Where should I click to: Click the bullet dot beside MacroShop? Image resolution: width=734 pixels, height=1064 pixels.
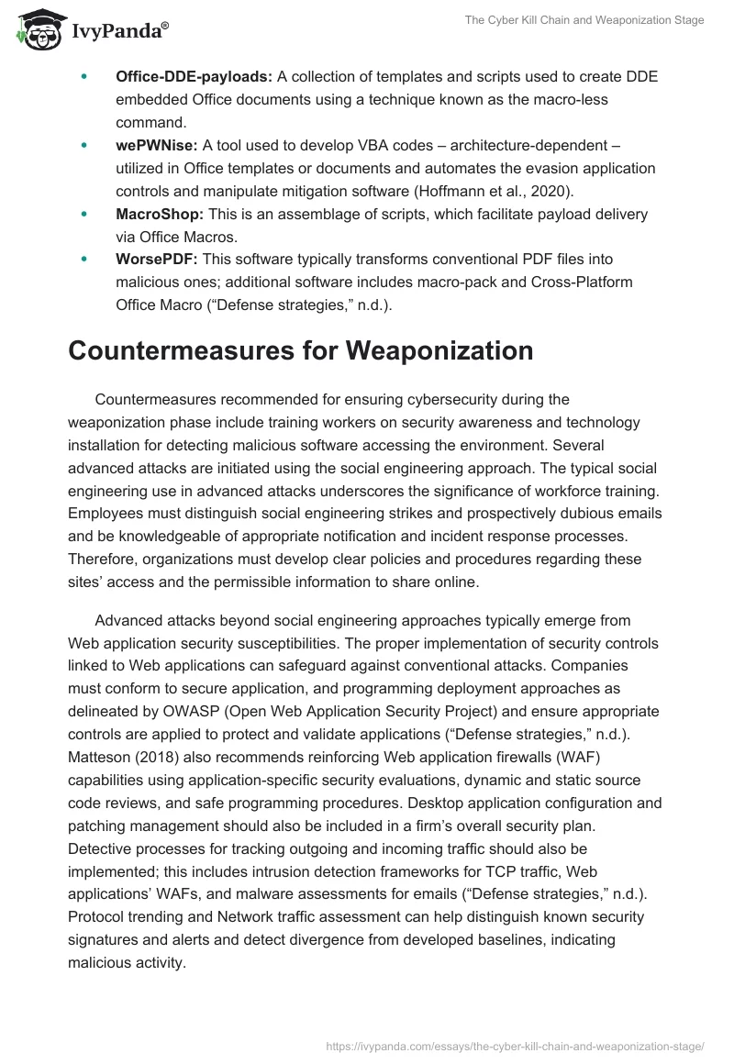[x=84, y=214]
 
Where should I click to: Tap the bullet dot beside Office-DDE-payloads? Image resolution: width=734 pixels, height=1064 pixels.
[x=84, y=76]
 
